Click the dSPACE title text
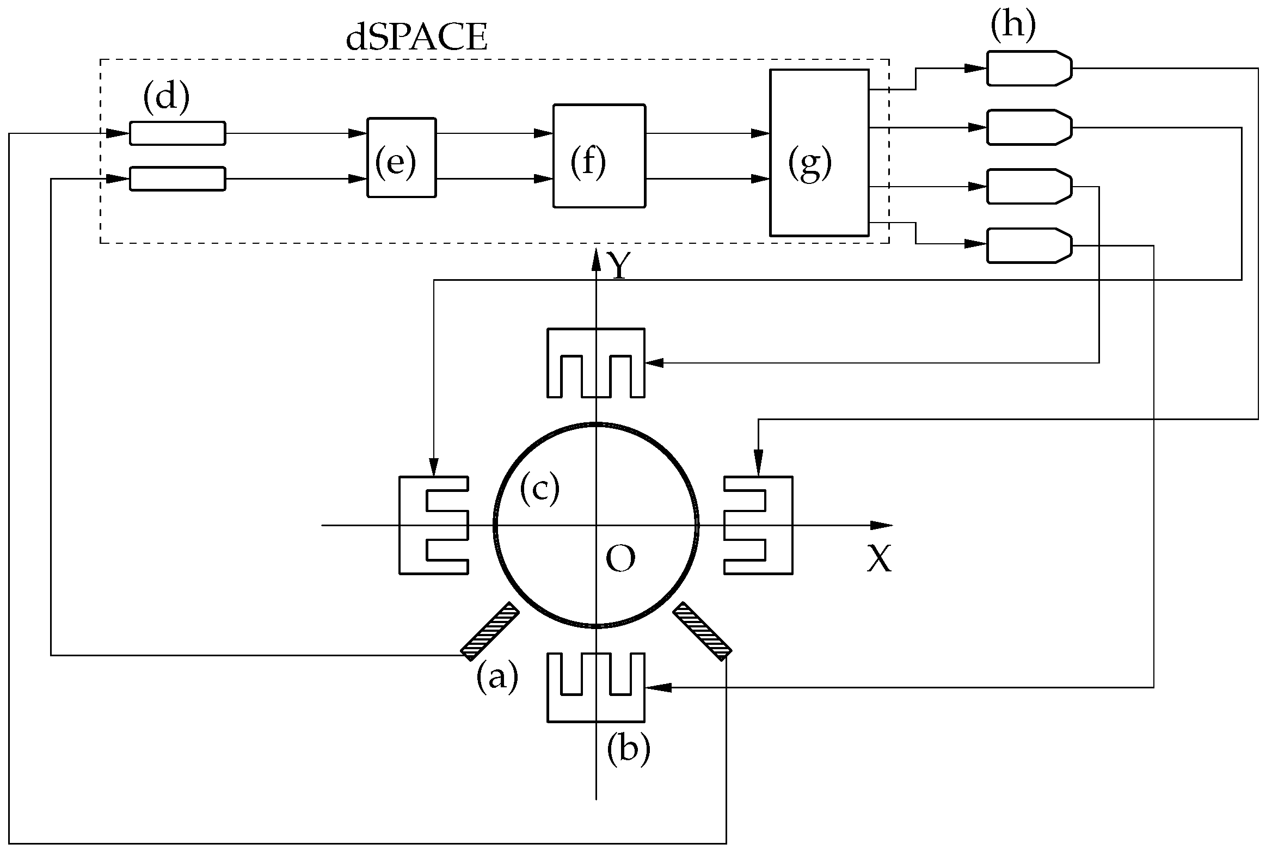point(416,39)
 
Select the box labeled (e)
point(401,157)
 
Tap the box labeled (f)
point(599,156)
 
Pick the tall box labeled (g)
point(819,153)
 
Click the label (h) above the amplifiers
point(1012,26)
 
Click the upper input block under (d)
point(177,133)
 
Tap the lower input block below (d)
point(177,179)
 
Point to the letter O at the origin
point(620,559)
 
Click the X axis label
point(879,559)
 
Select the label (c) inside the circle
point(539,488)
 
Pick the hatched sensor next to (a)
point(489,631)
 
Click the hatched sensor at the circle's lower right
point(702,631)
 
